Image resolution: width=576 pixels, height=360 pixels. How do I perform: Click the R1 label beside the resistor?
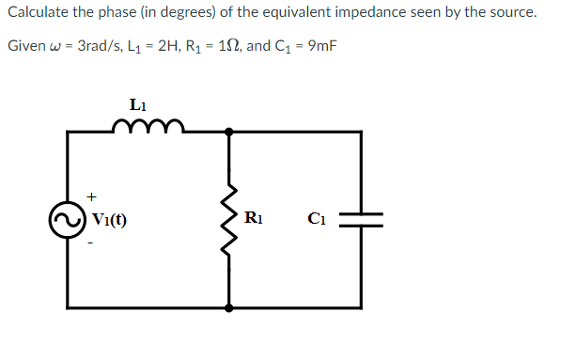pos(253,220)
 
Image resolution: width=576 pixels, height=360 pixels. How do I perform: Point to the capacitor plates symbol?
pos(361,220)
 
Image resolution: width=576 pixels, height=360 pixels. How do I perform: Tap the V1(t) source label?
pos(110,222)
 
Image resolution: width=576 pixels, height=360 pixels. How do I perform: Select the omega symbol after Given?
pos(55,48)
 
